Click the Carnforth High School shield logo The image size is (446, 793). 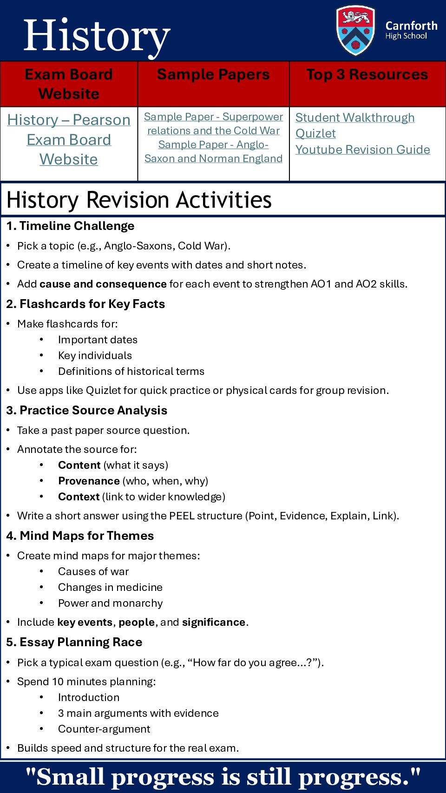[x=355, y=30]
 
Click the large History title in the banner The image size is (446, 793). [x=97, y=36]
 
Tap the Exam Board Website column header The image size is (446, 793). [x=69, y=84]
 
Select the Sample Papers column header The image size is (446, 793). [x=213, y=75]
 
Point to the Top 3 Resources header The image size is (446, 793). [x=367, y=75]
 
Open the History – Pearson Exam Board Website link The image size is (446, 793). [x=69, y=139]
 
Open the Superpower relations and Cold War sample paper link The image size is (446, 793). [x=213, y=124]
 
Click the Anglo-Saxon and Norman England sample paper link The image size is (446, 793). [x=213, y=151]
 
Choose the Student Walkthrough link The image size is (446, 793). [x=355, y=118]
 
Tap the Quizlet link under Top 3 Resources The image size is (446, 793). [x=315, y=134]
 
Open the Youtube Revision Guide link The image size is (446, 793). [x=362, y=150]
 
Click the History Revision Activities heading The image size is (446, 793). [x=139, y=200]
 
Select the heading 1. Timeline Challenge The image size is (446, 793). [x=70, y=226]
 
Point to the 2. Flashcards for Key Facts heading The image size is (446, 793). [x=85, y=304]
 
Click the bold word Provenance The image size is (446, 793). [x=89, y=481]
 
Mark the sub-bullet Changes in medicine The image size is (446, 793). [x=110, y=587]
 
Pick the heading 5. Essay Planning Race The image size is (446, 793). [x=74, y=642]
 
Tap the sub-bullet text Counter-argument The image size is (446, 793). [x=104, y=729]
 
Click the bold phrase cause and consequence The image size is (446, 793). [x=103, y=284]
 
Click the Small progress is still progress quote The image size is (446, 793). [x=223, y=777]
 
